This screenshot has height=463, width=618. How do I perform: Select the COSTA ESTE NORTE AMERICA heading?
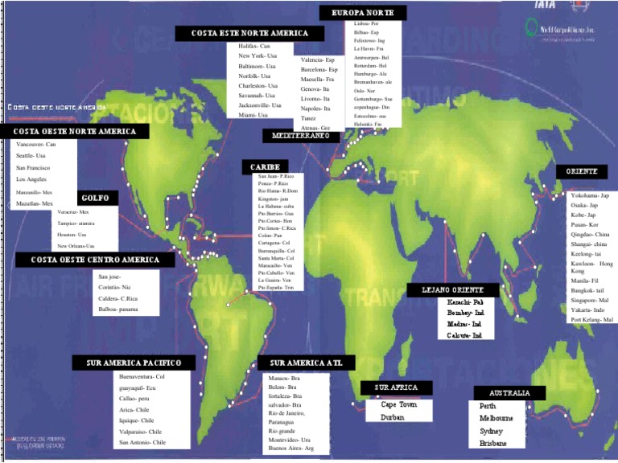250,33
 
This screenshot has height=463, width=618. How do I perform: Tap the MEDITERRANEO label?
301,136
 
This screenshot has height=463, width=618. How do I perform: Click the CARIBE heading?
264,166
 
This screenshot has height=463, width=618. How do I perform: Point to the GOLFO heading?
100,198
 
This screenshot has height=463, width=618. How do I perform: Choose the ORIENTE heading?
580,172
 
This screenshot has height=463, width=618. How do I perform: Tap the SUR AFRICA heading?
395,387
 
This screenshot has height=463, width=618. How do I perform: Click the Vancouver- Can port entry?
35,144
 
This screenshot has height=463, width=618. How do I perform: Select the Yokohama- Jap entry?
589,195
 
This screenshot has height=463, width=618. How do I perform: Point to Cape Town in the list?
398,404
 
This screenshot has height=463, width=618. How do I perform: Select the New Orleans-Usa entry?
76,245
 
